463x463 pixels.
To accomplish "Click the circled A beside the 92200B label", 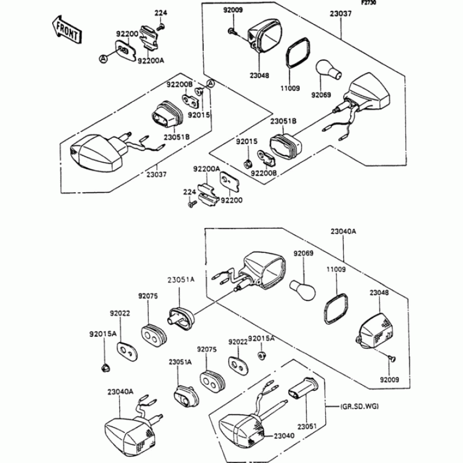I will pos(211,84).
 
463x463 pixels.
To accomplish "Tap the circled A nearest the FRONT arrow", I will pos(103,58).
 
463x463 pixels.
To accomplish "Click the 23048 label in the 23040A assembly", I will pos(380,293).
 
